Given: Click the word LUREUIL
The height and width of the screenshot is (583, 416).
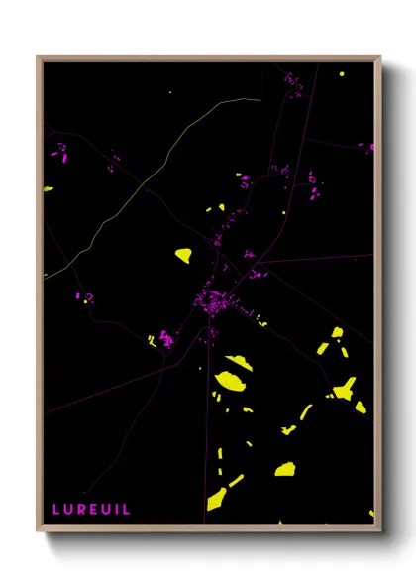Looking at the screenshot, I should pos(91,509).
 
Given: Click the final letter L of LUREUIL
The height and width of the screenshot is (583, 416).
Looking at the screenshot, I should pos(126,509).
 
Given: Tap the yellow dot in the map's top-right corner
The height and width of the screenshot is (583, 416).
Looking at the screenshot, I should pos(341,74).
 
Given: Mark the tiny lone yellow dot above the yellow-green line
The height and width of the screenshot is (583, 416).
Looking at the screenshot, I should pos(169,93).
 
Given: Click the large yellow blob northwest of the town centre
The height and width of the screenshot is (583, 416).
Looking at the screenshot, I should pos(183,255).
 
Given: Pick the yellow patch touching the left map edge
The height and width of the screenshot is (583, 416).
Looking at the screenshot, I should pos(48,189).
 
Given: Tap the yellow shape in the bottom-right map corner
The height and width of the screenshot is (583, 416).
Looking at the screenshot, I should pos(371,514).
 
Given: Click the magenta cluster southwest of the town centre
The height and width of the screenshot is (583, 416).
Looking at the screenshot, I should pos(165,339).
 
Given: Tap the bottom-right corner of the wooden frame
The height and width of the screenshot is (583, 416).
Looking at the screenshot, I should pos(380,530).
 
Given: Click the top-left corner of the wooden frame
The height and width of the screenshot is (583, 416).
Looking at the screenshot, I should pos(38,57).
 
